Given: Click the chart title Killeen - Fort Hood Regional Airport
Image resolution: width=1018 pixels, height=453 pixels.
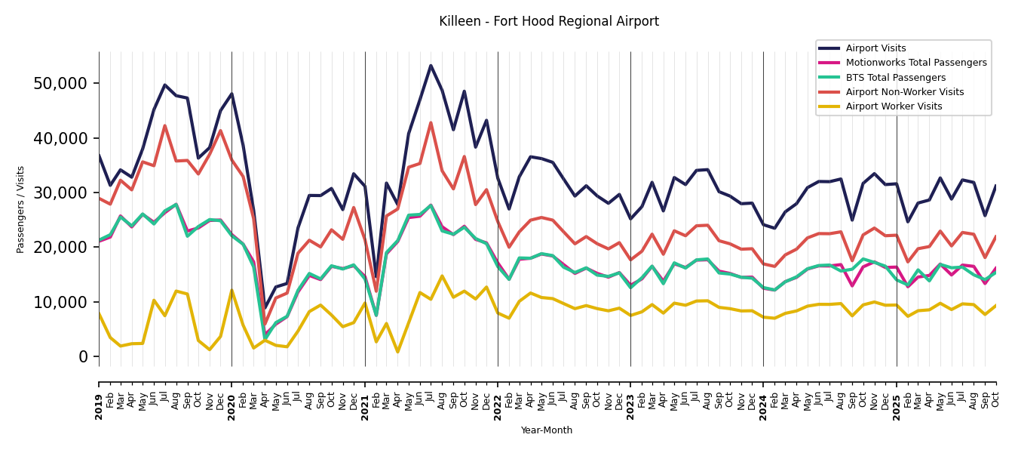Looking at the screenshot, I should coord(548,22).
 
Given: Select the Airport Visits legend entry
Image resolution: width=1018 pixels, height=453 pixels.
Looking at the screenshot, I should coord(875,48).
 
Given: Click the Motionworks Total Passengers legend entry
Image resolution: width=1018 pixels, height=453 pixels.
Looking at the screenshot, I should coord(915,63).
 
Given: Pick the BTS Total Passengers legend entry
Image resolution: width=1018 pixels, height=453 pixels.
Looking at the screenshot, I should coord(895,78).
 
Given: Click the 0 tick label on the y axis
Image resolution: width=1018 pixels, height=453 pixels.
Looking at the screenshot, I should coord(83,356).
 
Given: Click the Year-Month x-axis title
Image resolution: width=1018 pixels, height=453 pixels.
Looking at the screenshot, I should coord(547,430).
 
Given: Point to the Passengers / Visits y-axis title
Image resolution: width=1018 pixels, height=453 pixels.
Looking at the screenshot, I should coord(21,209).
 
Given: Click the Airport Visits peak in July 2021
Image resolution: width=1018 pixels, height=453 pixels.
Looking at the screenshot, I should coord(431,66).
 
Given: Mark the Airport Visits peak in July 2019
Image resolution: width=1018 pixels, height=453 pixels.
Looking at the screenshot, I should coord(165,85).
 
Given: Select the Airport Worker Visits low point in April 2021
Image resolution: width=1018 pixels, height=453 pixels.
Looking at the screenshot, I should coord(397,352).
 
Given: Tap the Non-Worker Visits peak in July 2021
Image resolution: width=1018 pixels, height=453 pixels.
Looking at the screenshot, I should coord(431,123).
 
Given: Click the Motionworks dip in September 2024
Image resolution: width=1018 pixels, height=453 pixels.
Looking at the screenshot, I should coord(852,286).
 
